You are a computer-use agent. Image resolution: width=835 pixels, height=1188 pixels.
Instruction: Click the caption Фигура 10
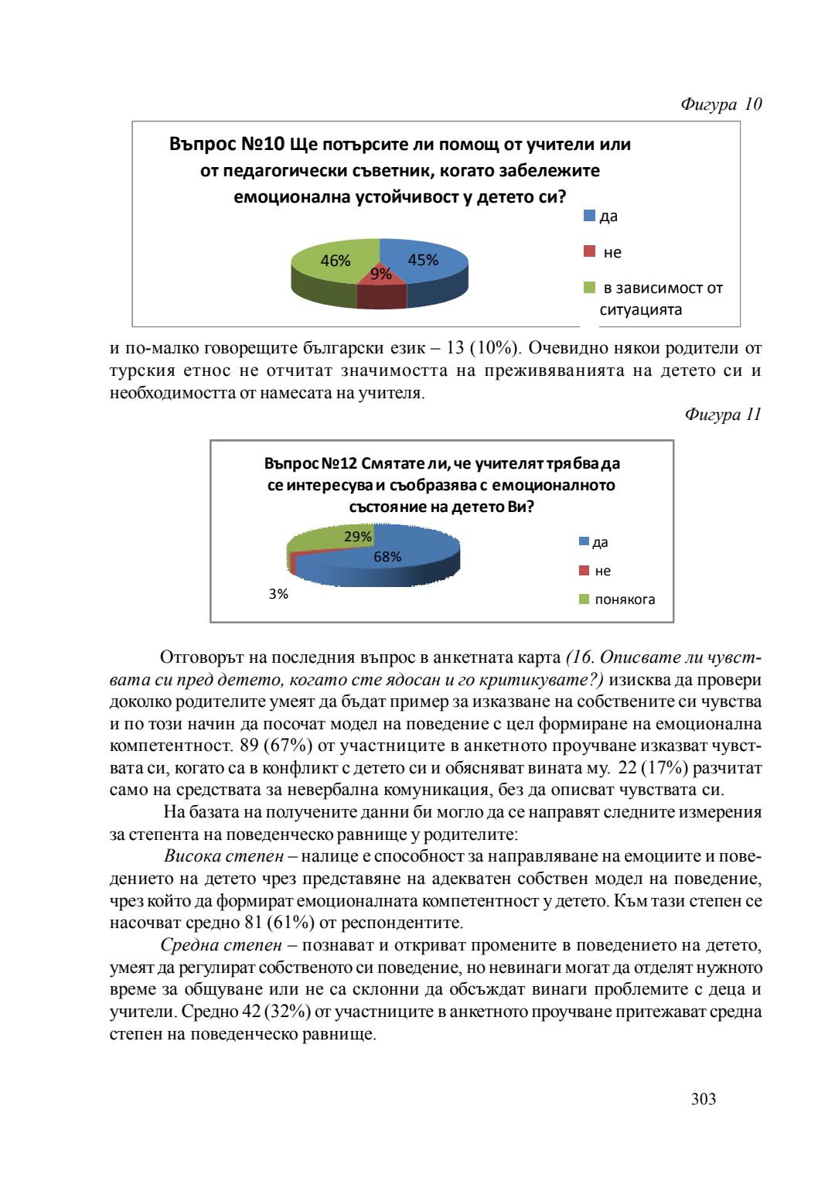pyautogui.click(x=721, y=104)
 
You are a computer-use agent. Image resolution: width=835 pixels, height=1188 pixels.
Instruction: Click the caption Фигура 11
pyautogui.click(x=722, y=415)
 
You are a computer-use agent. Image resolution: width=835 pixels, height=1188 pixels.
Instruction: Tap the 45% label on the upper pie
pyautogui.click(x=423, y=261)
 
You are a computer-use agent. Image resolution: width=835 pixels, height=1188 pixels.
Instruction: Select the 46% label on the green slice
pyautogui.click(x=336, y=261)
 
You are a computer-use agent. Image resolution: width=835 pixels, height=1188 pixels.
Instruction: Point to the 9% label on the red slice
pyautogui.click(x=380, y=274)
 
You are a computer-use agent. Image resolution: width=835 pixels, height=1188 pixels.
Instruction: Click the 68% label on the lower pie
pyautogui.click(x=387, y=557)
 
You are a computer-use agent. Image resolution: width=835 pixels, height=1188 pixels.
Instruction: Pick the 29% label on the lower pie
pyautogui.click(x=358, y=537)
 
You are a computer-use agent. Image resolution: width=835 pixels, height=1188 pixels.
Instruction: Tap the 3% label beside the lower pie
pyautogui.click(x=278, y=594)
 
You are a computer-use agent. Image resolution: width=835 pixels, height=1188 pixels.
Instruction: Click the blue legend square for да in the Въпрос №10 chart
pyautogui.click(x=590, y=216)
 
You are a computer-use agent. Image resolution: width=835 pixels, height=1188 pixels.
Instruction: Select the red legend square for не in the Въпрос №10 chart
pyautogui.click(x=590, y=251)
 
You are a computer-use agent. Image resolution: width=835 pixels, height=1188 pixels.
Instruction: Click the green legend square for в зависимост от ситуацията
pyautogui.click(x=590, y=288)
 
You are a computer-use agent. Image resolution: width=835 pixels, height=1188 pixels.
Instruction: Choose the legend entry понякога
pyautogui.click(x=625, y=599)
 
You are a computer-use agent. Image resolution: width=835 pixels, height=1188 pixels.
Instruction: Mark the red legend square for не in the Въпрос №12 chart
pyautogui.click(x=584, y=571)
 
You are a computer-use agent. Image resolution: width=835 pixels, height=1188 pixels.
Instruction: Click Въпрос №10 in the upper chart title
pyautogui.click(x=227, y=145)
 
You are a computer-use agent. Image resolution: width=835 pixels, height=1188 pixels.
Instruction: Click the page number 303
pyautogui.click(x=704, y=1099)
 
